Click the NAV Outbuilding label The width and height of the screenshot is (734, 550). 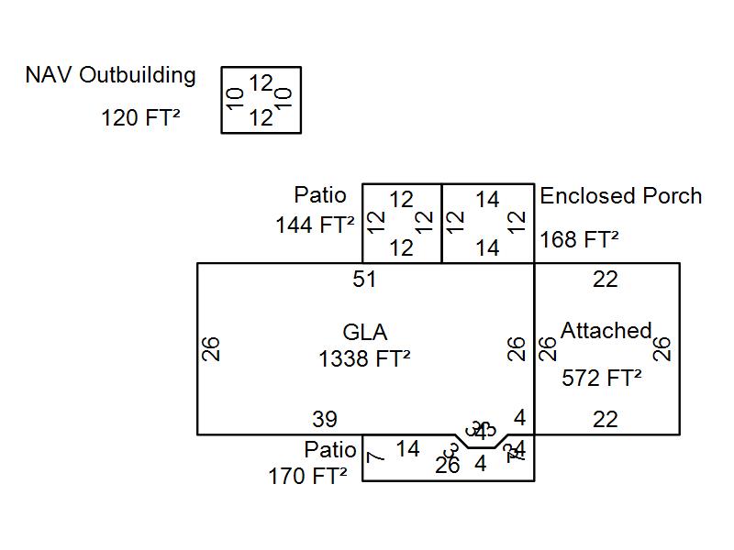[x=110, y=75]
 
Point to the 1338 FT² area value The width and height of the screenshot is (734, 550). [x=364, y=359]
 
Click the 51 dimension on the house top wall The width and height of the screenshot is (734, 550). [x=365, y=280]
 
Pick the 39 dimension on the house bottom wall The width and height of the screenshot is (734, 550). [x=325, y=420]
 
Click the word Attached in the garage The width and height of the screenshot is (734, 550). [x=606, y=330]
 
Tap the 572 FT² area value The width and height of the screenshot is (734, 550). [x=601, y=378]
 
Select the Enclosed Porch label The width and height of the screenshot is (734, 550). [x=621, y=196]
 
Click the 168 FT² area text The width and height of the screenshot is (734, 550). [x=579, y=240]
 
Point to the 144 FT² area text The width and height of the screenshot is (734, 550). [x=315, y=225]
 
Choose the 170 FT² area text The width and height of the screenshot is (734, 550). [x=307, y=477]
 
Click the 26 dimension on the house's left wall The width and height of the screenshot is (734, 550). [x=212, y=348]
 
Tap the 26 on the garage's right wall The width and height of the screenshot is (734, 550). [x=662, y=348]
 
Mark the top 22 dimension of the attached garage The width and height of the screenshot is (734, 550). [x=606, y=280]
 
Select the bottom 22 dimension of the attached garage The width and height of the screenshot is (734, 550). [x=606, y=420]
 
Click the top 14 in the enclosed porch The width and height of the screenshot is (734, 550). [x=487, y=200]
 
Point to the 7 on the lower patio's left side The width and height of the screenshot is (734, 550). [x=374, y=456]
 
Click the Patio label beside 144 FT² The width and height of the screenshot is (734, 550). [x=320, y=195]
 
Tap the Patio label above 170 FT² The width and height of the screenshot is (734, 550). [x=330, y=450]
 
